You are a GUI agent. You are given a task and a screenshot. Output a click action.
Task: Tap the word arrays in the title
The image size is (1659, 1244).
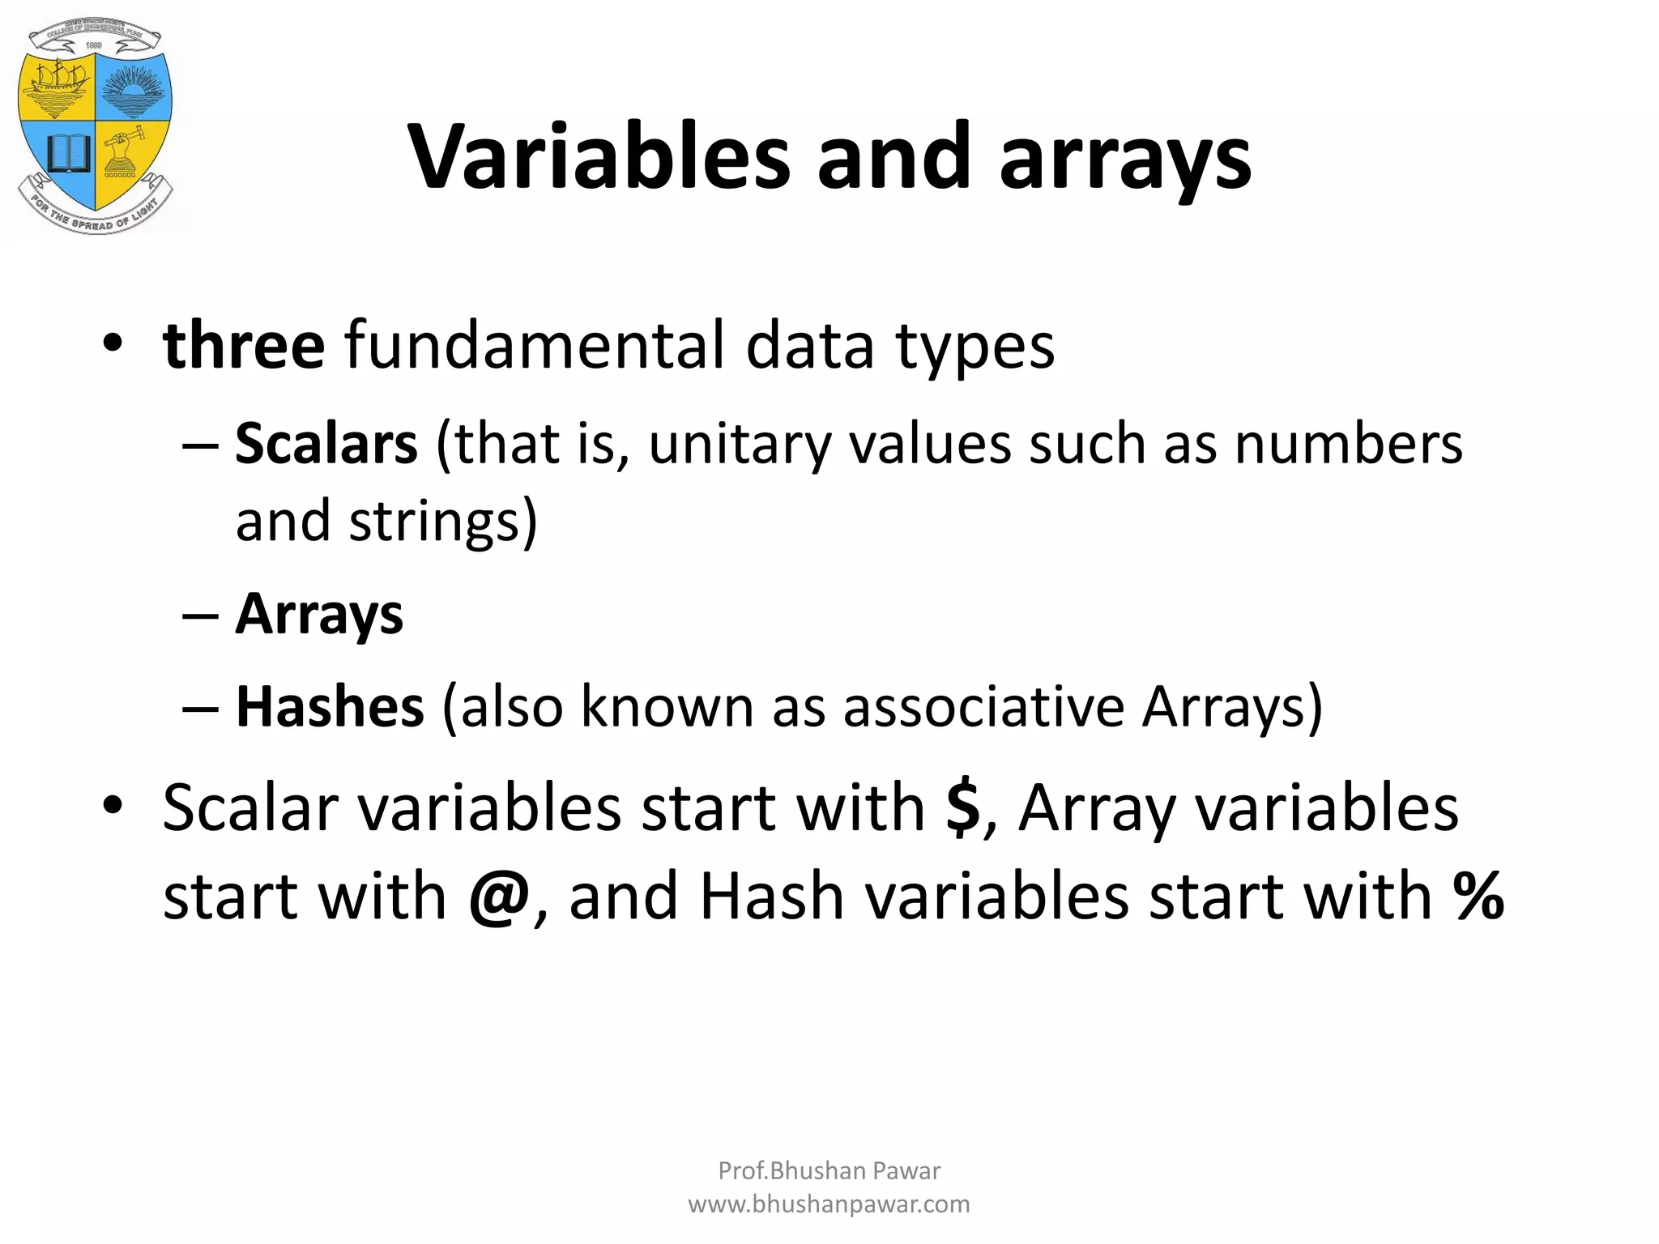coord(1125,160)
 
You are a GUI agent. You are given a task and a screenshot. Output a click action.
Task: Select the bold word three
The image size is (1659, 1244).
coord(244,346)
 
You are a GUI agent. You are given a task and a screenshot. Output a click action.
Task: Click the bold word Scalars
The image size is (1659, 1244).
coord(326,444)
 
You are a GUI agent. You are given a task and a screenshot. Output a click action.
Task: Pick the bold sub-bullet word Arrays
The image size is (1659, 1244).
coord(319,614)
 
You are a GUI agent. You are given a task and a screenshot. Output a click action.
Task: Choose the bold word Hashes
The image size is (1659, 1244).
coord(329,707)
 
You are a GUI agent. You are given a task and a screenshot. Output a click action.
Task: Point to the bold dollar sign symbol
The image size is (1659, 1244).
coord(962,807)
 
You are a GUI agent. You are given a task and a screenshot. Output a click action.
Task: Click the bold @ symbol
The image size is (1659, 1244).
coord(499,897)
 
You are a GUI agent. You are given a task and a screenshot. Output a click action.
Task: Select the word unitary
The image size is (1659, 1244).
coord(740,445)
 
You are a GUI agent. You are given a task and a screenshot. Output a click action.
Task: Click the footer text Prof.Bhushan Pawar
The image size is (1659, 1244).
coord(829,1170)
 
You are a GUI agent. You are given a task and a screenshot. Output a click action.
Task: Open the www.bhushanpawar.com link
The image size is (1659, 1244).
coord(829,1204)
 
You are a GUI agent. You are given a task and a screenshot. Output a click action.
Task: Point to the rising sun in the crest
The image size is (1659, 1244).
coord(133,89)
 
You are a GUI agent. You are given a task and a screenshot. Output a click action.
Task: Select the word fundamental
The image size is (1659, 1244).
coord(534,346)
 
